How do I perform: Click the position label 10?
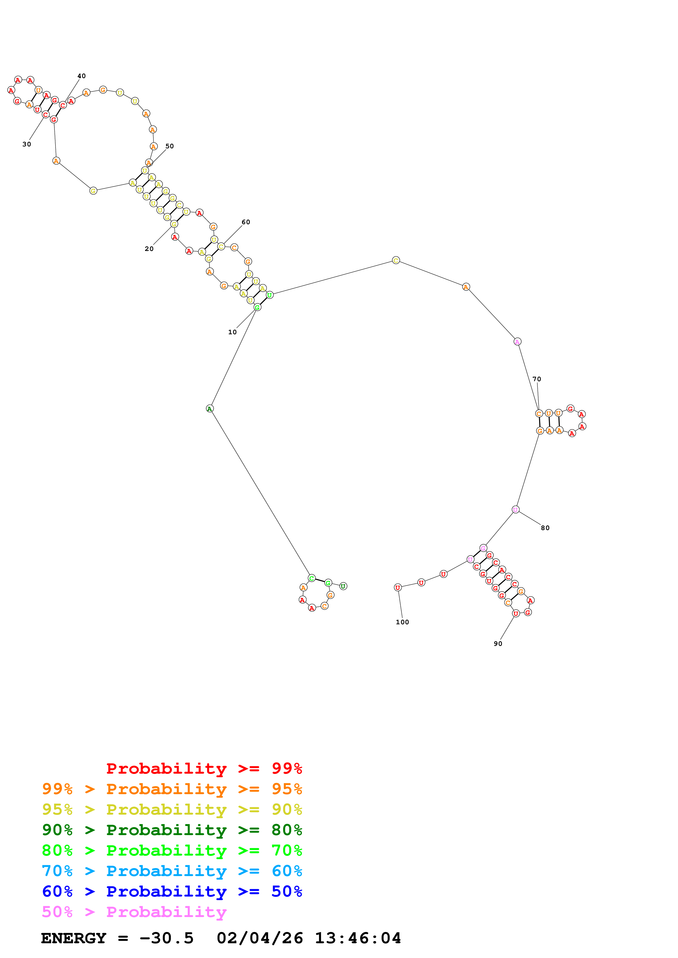pyautogui.click(x=232, y=332)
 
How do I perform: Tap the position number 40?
pyautogui.click(x=82, y=76)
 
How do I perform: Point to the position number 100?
pyautogui.click(x=402, y=622)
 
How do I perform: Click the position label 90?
pyautogui.click(x=498, y=644)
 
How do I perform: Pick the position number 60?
pyautogui.click(x=246, y=222)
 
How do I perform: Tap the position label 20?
pyautogui.click(x=149, y=249)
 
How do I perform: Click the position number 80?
pyautogui.click(x=545, y=528)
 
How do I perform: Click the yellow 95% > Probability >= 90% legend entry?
pyautogui.click(x=172, y=809)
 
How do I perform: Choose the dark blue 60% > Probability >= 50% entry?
pyautogui.click(x=172, y=891)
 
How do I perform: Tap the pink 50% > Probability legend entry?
pyautogui.click(x=134, y=912)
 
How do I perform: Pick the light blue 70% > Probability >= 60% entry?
pyautogui.click(x=172, y=871)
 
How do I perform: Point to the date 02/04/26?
pyautogui.click(x=260, y=938)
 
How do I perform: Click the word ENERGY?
pyautogui.click(x=74, y=938)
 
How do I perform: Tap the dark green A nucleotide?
pyautogui.click(x=210, y=409)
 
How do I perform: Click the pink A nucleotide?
pyautogui.click(x=517, y=342)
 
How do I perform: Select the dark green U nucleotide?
pyautogui.click(x=343, y=586)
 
